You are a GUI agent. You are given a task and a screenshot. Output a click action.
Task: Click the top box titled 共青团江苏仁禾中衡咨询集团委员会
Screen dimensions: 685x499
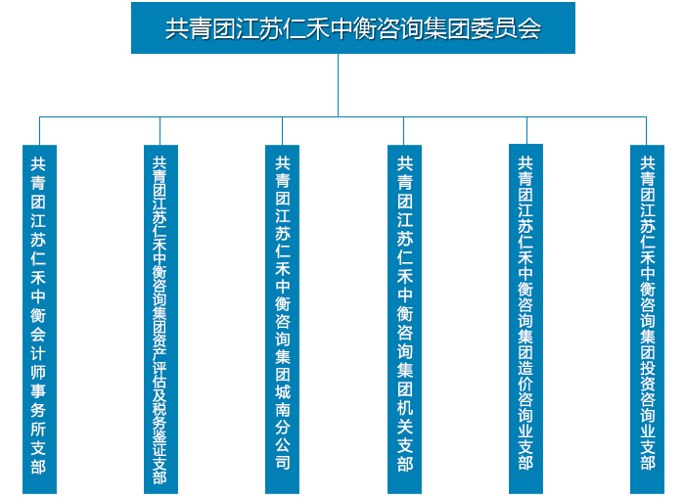click(353, 28)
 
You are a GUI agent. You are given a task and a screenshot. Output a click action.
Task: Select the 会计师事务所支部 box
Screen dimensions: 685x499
click(39, 319)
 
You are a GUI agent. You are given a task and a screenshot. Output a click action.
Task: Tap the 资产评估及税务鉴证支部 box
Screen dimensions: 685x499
click(160, 319)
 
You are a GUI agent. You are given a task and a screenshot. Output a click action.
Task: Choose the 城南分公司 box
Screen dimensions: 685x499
click(282, 319)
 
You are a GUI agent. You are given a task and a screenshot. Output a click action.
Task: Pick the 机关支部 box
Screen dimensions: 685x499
click(404, 319)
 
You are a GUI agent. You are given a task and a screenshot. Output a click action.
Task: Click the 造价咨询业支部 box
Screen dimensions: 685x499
click(526, 319)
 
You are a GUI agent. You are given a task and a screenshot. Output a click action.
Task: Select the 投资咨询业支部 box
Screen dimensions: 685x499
click(647, 319)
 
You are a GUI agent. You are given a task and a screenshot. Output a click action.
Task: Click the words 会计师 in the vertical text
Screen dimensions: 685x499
click(38, 353)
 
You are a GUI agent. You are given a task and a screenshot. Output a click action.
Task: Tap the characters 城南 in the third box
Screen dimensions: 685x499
click(283, 401)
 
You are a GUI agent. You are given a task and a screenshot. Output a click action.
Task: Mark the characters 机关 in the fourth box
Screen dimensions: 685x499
click(405, 417)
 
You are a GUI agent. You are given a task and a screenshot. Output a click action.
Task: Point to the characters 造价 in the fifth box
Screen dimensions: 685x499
click(525, 376)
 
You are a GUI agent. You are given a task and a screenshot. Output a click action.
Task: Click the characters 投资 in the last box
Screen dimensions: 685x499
click(648, 376)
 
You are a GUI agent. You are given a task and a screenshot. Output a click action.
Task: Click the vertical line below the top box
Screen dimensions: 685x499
click(338, 85)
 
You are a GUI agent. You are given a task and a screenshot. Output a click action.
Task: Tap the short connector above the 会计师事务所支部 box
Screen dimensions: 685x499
click(39, 131)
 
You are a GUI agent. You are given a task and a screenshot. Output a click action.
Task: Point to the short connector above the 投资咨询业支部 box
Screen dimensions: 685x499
click(646, 131)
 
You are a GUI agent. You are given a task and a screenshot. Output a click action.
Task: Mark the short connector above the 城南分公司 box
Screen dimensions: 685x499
click(282, 131)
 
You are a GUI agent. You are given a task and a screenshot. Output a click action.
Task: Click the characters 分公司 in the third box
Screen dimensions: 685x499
click(283, 444)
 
